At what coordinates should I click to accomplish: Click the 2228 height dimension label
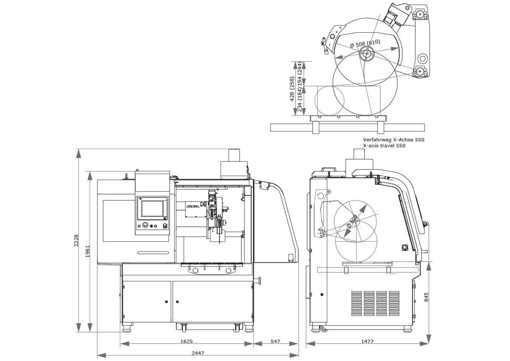(x=77, y=240)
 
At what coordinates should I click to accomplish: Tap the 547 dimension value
(x=275, y=341)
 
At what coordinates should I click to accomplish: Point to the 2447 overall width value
(x=198, y=353)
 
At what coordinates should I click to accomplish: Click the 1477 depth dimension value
(x=368, y=341)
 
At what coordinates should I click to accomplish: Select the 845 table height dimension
(x=427, y=296)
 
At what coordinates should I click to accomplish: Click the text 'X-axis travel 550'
(x=384, y=146)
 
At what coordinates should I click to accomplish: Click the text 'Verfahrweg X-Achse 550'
(x=393, y=139)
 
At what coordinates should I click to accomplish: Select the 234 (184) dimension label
(x=300, y=100)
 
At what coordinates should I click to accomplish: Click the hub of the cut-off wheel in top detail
(x=365, y=54)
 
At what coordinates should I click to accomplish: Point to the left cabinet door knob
(x=166, y=302)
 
